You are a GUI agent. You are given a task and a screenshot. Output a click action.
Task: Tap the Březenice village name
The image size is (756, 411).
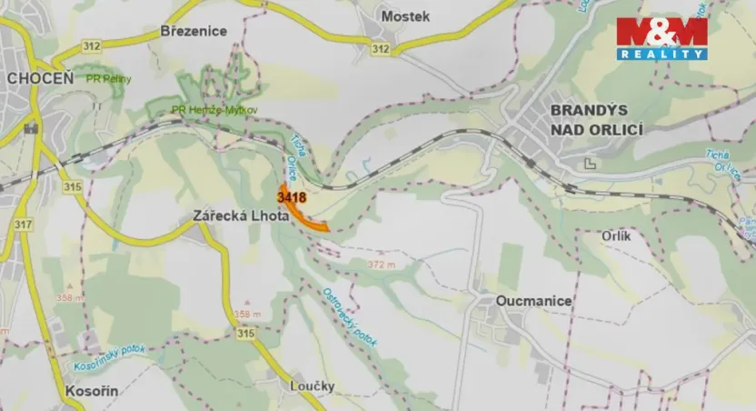[x=193, y=30]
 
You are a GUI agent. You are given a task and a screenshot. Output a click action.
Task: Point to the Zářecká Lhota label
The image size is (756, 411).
[x=240, y=217]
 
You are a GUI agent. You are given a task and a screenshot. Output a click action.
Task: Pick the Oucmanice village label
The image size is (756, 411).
[x=534, y=300]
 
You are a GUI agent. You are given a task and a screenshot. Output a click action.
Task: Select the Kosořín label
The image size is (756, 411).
[x=94, y=390]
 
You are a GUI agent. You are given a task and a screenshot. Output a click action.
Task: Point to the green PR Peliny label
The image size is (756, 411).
[x=108, y=79]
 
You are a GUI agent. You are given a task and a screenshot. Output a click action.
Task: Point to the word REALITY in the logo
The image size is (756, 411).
[x=661, y=55]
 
